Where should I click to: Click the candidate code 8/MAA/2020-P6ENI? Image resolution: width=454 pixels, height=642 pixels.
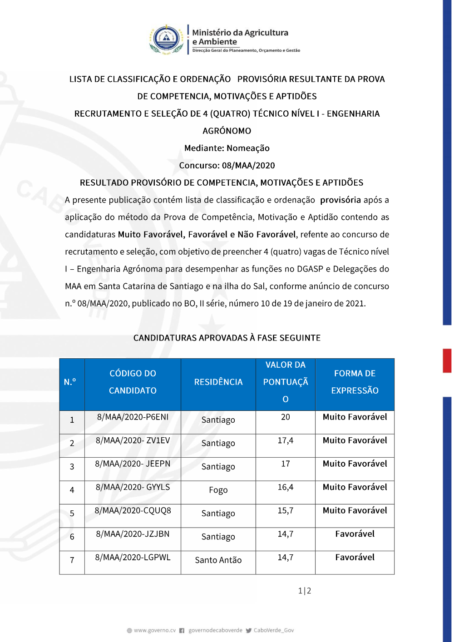tap(133, 417)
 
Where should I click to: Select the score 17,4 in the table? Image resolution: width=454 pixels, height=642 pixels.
tap(286, 440)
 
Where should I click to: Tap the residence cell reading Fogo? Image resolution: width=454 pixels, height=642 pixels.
tap(218, 490)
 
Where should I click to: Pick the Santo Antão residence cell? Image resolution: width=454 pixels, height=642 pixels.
tap(218, 560)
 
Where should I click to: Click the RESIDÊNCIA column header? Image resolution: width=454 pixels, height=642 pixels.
tap(218, 382)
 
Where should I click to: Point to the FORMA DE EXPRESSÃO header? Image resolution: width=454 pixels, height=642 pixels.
tap(355, 382)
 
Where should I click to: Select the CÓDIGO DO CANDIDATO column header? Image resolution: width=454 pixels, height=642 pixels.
tap(133, 382)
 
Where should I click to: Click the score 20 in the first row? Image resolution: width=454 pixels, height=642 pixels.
tap(286, 417)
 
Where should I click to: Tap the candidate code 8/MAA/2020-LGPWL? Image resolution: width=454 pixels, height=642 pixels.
tap(133, 558)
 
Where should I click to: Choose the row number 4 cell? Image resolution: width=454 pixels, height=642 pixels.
tap(72, 490)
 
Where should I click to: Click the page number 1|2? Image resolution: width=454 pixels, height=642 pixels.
tap(305, 591)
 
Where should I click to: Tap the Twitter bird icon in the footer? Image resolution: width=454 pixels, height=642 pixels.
tap(249, 630)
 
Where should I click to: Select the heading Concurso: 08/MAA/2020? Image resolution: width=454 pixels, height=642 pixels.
tap(227, 166)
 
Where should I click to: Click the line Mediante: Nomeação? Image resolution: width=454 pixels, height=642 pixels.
tap(227, 148)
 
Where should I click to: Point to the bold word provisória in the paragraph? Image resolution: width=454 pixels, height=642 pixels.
tap(340, 200)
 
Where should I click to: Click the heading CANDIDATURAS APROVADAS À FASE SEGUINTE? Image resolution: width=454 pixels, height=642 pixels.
tap(227, 338)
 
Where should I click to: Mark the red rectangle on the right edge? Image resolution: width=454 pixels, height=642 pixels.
tap(447, 361)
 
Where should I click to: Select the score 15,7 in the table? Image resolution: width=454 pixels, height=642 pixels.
tap(286, 511)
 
